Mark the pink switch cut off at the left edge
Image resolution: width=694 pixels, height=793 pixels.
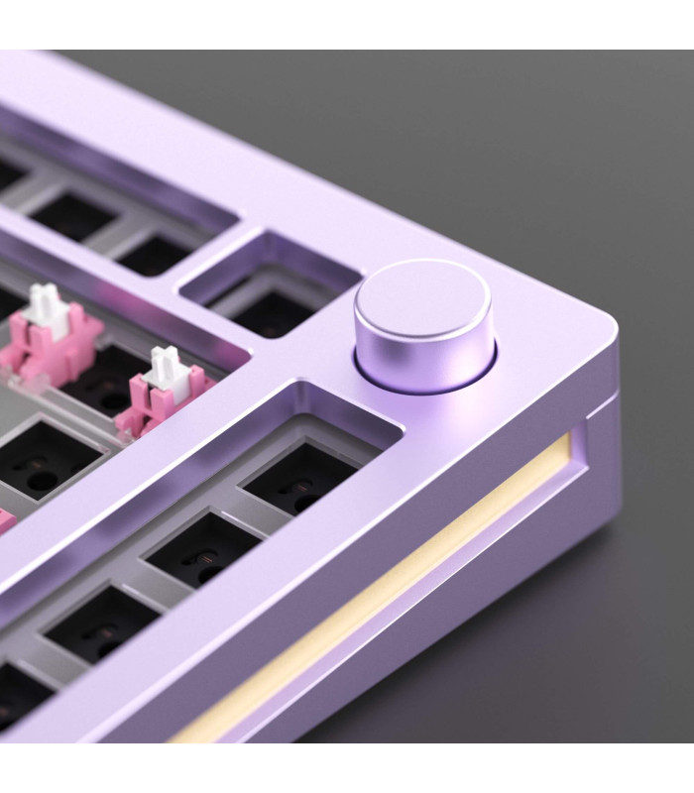click(x=5, y=520)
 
